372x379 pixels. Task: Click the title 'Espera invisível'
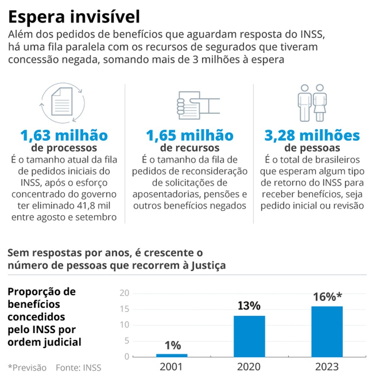coord(74,17)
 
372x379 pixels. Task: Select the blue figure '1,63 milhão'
coord(64,135)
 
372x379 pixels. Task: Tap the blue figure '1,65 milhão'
coord(190,135)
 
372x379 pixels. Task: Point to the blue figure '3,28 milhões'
coord(312,135)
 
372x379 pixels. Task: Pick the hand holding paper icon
coord(197,102)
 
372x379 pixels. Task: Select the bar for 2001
coord(172,355)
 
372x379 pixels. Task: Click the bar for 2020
coord(249,336)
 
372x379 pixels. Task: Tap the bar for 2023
coord(327,331)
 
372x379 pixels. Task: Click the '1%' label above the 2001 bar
coord(172,345)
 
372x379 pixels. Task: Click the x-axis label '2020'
coord(249,367)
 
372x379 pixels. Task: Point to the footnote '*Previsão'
coord(27,368)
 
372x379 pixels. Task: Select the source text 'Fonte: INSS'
coord(78,368)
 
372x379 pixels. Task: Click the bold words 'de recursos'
coord(190,147)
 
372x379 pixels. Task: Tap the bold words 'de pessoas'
coord(312,147)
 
